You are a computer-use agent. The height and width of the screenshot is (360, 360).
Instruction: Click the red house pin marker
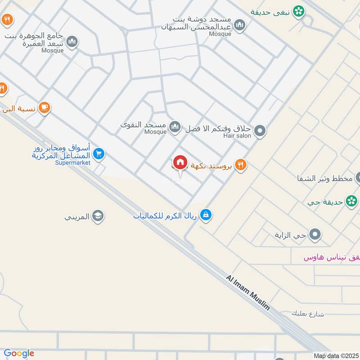[180, 162]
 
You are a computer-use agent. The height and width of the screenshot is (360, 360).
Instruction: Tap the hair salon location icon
[260, 131]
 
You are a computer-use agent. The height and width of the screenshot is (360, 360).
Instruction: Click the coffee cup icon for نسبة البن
[44, 108]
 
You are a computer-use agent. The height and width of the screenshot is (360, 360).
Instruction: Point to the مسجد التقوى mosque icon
[175, 127]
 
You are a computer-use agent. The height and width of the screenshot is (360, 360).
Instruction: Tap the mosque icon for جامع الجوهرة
[72, 43]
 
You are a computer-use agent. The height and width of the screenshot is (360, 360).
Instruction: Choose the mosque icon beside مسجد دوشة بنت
[240, 25]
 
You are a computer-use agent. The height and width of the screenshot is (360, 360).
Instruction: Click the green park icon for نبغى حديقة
[297, 12]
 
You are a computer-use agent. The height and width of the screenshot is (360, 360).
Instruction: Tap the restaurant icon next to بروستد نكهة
[241, 165]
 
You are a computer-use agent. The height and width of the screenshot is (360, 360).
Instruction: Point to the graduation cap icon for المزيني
[97, 217]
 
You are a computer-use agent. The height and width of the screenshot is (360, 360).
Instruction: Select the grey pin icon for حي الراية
[315, 234]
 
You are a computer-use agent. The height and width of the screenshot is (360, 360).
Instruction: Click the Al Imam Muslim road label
[248, 292]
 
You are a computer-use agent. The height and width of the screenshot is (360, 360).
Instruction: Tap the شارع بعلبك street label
[308, 314]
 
